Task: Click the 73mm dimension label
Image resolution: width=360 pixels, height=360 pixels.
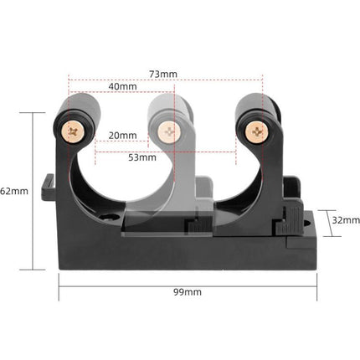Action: click(163, 74)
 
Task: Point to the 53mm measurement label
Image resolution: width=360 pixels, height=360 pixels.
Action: click(143, 156)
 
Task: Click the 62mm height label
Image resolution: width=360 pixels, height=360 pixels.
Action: click(15, 191)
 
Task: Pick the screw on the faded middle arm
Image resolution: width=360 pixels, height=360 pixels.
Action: click(171, 130)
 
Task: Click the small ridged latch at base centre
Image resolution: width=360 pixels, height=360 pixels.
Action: click(194, 224)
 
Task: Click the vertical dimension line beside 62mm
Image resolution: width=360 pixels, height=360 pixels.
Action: click(33, 191)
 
